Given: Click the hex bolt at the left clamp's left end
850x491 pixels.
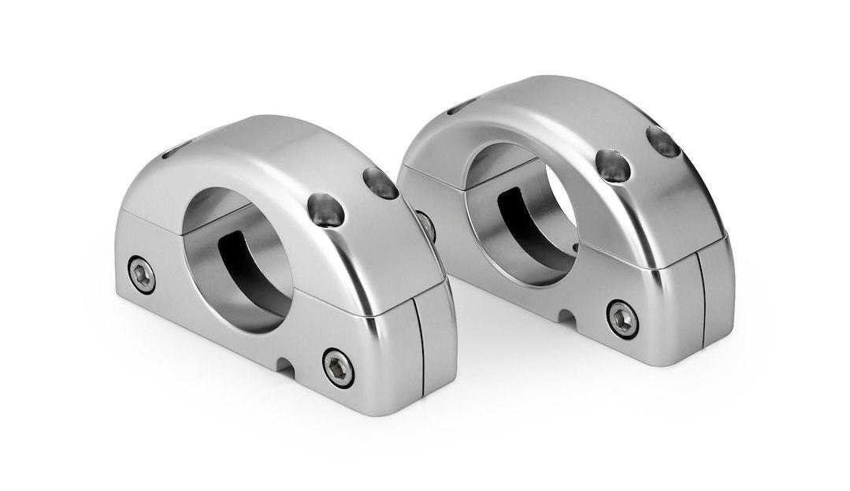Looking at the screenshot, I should click(x=143, y=273).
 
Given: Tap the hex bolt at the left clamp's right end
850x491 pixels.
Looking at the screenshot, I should click(x=339, y=368).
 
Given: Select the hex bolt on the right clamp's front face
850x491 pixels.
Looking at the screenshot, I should click(x=623, y=318).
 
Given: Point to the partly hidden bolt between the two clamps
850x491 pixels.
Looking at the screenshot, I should click(x=426, y=225).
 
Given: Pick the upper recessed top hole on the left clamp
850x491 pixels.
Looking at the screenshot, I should click(x=382, y=184).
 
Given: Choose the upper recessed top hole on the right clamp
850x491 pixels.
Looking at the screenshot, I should click(x=663, y=141).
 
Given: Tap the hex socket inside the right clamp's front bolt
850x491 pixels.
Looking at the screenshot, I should click(x=623, y=318).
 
